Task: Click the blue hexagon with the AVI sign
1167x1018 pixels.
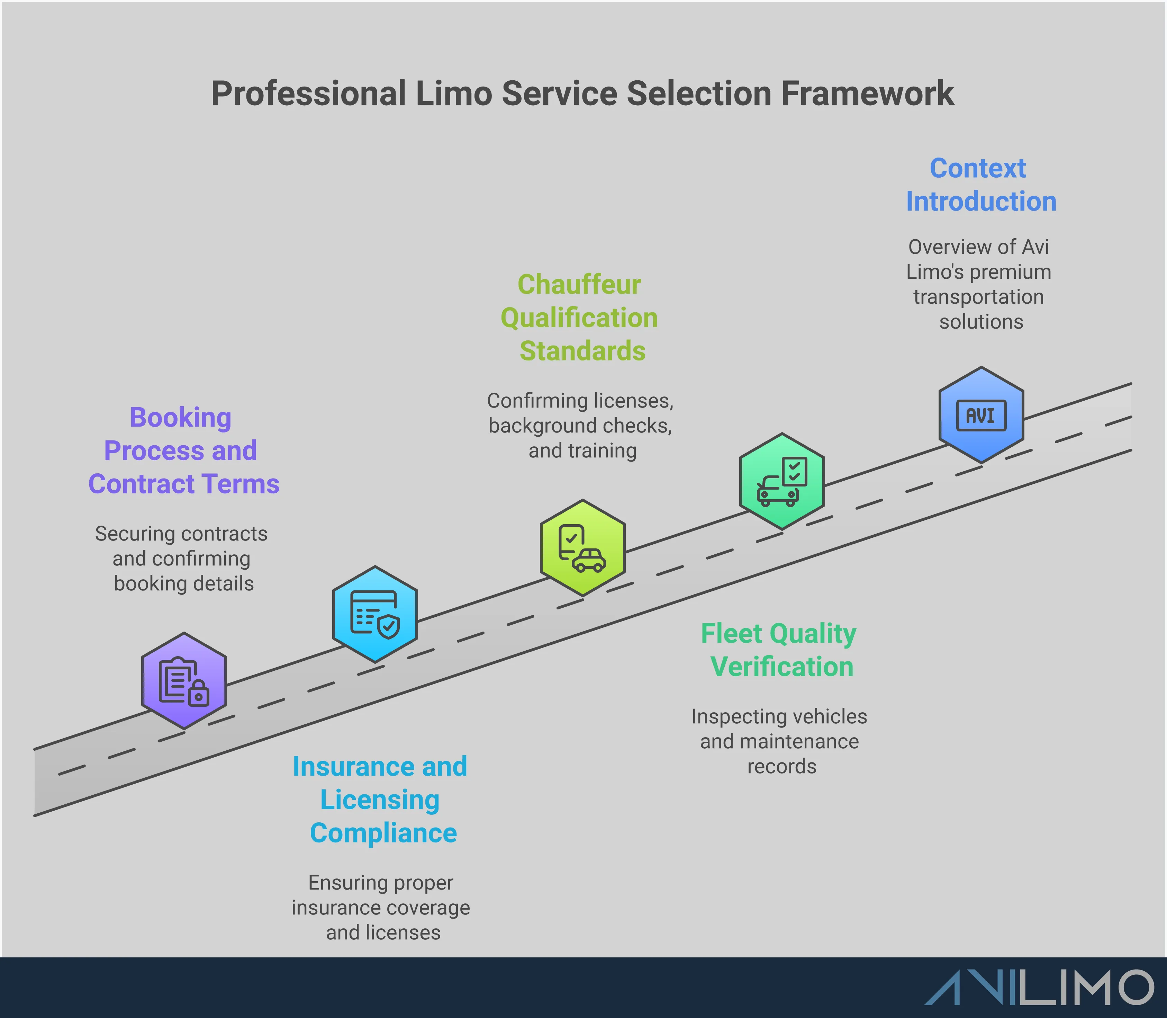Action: point(981,415)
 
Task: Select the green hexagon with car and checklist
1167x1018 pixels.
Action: point(781,481)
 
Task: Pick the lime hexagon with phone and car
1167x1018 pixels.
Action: point(582,548)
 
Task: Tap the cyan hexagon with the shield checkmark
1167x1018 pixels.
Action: point(375,614)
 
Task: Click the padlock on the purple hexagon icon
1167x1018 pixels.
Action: point(198,694)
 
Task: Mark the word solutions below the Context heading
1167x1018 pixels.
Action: point(981,322)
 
